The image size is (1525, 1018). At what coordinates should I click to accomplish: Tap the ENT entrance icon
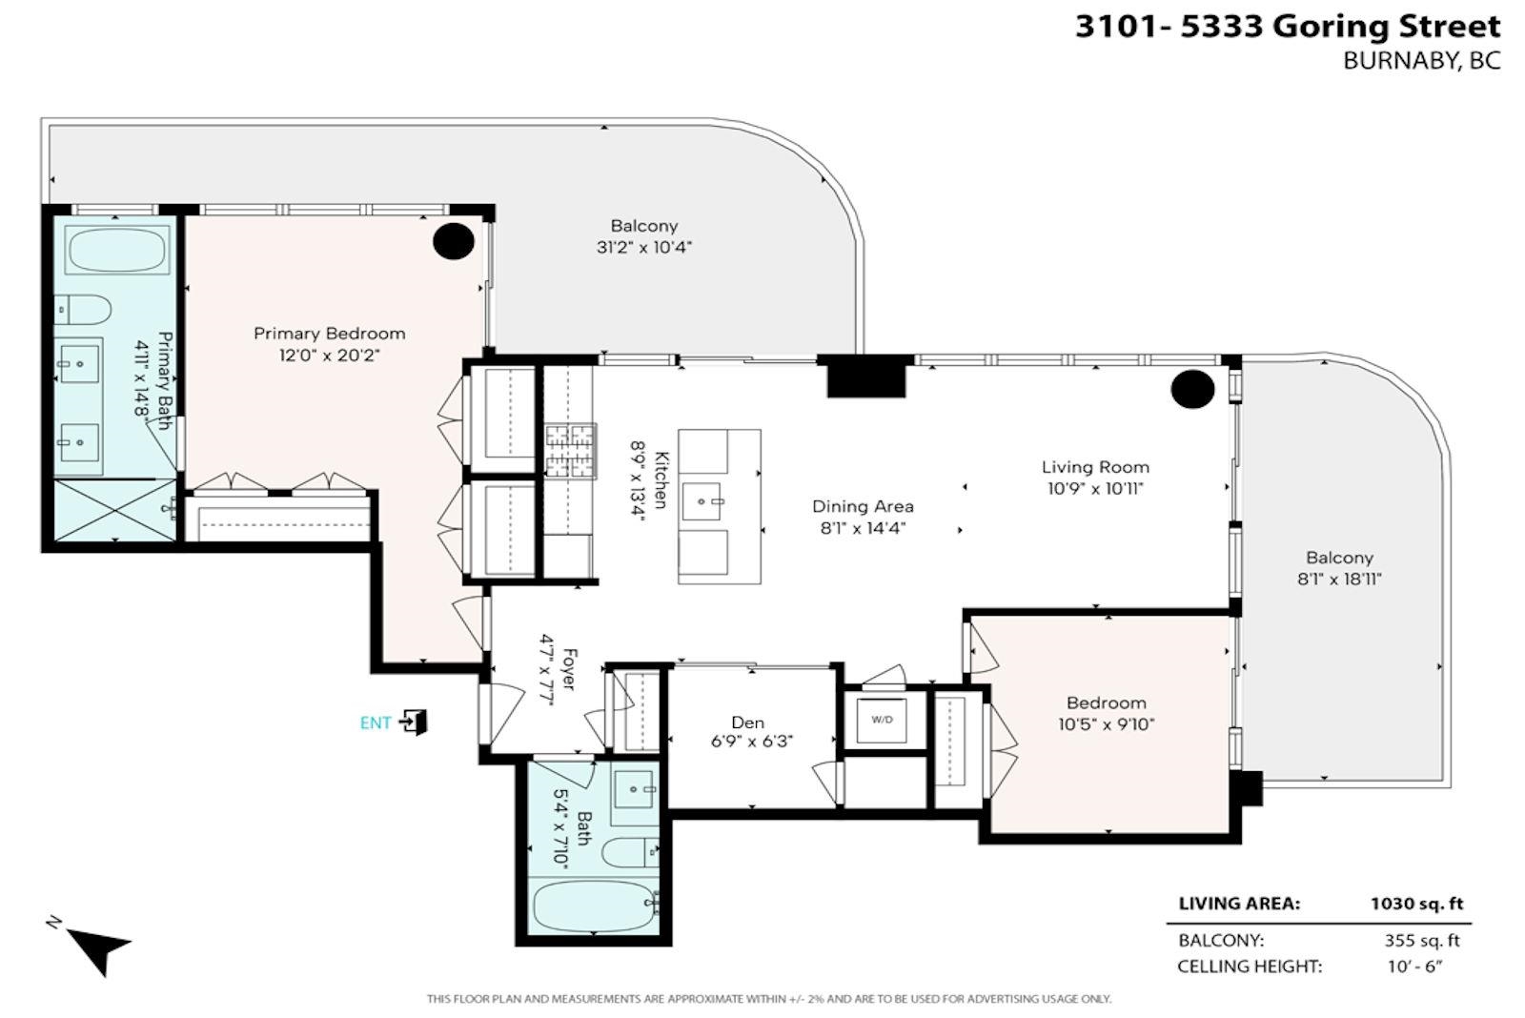point(414,722)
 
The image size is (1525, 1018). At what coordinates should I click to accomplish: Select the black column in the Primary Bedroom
point(454,241)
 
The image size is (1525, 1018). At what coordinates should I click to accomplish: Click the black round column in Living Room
point(1192,389)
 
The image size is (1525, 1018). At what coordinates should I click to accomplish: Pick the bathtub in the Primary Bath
point(116,250)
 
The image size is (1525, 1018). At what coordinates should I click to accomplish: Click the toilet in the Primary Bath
point(82,311)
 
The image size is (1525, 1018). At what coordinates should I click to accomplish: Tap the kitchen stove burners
point(570,451)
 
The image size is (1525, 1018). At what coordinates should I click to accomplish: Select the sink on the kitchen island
point(701,501)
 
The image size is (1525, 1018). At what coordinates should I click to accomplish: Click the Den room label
point(747,722)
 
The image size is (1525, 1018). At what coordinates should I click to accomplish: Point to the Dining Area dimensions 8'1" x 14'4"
point(863,528)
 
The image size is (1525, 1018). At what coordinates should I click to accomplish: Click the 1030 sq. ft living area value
point(1416,904)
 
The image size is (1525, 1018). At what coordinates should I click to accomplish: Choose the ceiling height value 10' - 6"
point(1415,967)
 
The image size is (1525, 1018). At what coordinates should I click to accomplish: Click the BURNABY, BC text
point(1421,61)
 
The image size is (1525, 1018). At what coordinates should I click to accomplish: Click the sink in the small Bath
point(635,789)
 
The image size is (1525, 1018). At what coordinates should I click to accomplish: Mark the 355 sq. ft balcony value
point(1422,941)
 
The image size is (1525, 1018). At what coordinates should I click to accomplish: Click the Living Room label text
point(1095,467)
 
